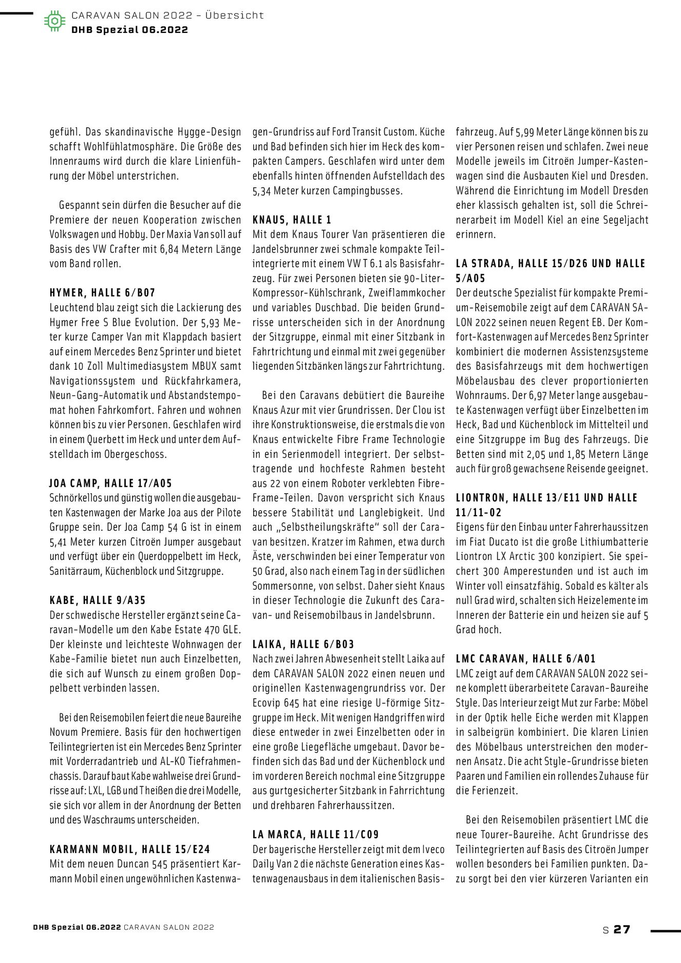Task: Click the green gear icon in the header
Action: coord(54,22)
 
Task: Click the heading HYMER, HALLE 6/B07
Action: coord(102,293)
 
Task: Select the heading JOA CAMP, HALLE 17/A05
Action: coord(110,483)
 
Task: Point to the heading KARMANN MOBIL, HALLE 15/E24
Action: coord(130,849)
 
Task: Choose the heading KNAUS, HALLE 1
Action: coord(292,220)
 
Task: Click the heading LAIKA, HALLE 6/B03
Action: coord(303,644)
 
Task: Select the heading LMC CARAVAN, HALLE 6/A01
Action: coord(525,659)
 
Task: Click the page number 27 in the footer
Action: coord(621,929)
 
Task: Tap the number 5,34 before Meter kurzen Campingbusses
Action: coord(262,191)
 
